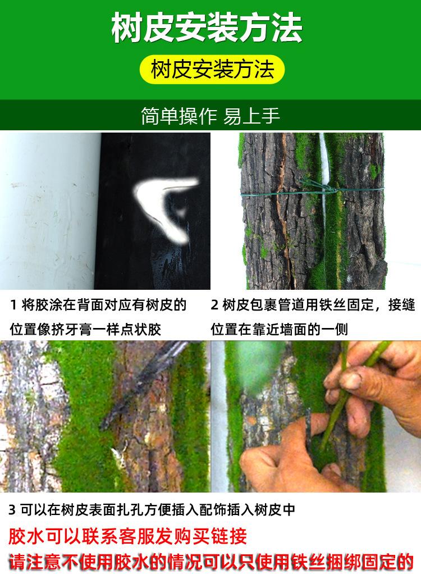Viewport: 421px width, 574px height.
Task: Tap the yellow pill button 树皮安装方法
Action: pos(212,70)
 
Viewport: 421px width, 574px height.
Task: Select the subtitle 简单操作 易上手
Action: pos(210,116)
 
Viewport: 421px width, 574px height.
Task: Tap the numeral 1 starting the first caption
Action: pos(13,306)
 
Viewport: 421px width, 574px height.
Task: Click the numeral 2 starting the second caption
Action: pos(214,306)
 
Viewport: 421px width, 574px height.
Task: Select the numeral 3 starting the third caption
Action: pos(12,510)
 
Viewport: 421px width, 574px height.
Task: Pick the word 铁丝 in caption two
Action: pos(330,306)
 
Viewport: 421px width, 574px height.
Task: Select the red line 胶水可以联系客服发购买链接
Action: pos(127,536)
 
